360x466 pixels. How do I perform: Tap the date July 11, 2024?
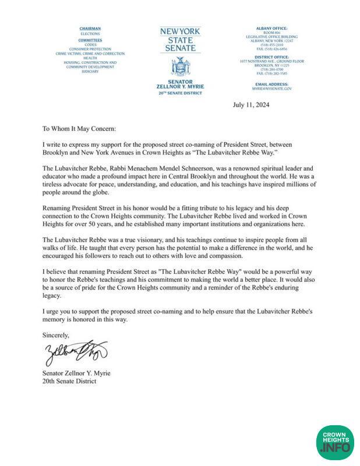pyautogui.click(x=252, y=106)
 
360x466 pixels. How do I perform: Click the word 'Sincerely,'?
pyautogui.click(x=56, y=335)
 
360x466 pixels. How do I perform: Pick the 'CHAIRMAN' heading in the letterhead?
pyautogui.click(x=90, y=27)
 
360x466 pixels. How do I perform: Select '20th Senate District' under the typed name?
pyautogui.click(x=69, y=382)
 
